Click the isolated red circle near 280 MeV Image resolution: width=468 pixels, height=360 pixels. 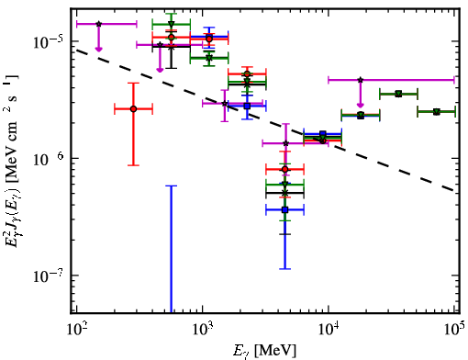[x=133, y=109]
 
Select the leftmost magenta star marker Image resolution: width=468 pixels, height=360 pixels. [x=98, y=24]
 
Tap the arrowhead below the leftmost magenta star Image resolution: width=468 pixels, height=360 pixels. [x=98, y=49]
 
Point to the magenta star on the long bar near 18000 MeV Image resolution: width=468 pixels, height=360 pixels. [x=361, y=80]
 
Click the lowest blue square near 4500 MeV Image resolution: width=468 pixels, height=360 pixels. [x=285, y=209]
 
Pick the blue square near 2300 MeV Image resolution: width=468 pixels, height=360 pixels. [x=247, y=107]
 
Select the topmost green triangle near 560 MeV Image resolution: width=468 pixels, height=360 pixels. [x=172, y=24]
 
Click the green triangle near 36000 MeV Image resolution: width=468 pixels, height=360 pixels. [x=398, y=94]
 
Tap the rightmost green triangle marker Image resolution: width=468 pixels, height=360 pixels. [x=437, y=112]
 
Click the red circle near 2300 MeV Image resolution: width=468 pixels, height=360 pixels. [x=247, y=73]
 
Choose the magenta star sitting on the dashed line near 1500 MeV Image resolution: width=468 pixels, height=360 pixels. [x=225, y=104]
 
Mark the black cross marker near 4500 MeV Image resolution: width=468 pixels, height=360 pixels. [x=285, y=193]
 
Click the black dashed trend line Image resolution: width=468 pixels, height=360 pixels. [x=265, y=120]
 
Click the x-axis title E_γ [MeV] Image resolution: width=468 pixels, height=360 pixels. [x=264, y=351]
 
